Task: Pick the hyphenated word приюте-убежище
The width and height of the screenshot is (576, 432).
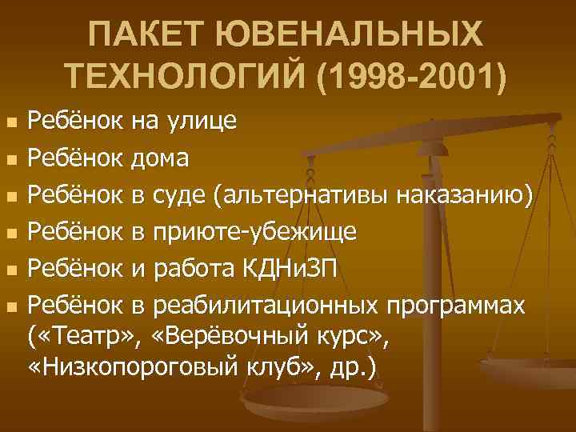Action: [x=255, y=232]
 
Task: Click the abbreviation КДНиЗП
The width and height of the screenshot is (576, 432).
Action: [x=296, y=269]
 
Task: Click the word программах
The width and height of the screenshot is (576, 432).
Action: [x=456, y=306]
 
